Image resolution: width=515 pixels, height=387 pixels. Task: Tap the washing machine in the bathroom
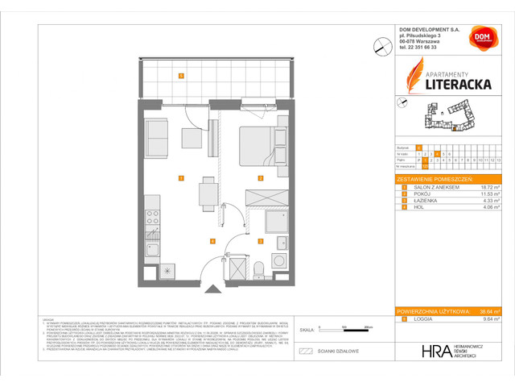click(279, 260)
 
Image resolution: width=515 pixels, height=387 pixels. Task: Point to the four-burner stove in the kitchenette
click(153, 218)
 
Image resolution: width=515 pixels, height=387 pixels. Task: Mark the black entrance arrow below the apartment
click(212, 288)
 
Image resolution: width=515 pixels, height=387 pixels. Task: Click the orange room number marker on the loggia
click(182, 77)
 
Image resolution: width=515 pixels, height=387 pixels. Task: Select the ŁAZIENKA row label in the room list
click(427, 201)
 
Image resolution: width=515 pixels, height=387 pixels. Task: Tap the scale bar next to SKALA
click(342, 329)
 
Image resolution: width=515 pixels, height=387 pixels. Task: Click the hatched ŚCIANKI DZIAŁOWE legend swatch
click(305, 352)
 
